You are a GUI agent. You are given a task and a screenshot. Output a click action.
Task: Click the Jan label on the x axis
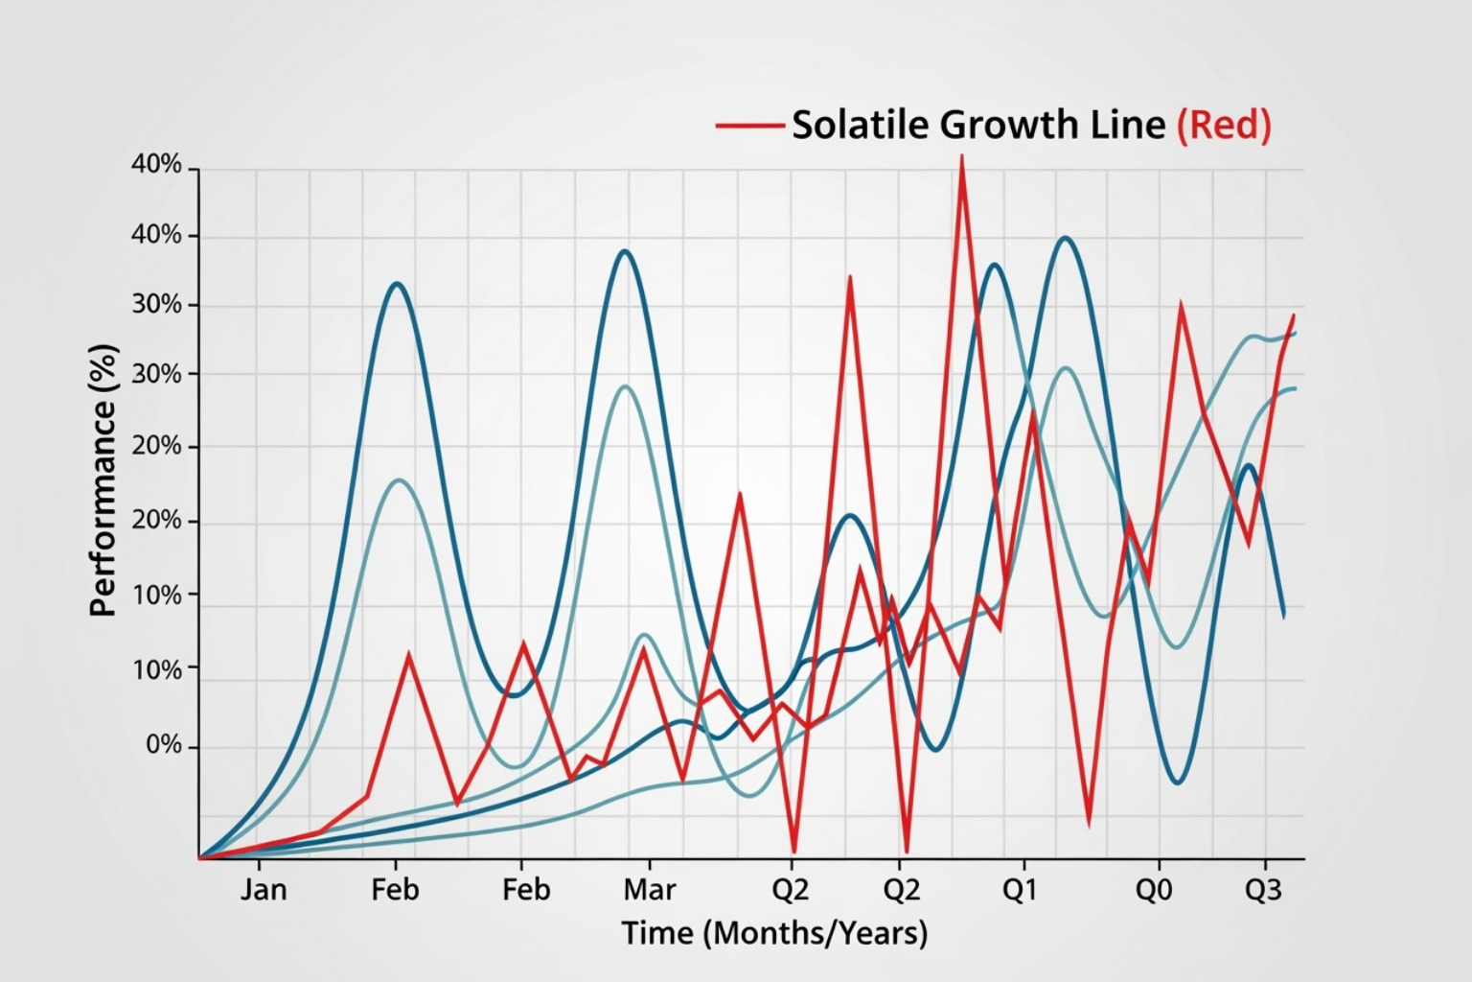point(264,890)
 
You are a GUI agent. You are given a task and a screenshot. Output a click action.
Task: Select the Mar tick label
point(649,890)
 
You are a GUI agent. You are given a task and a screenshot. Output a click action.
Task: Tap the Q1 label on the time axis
point(1020,890)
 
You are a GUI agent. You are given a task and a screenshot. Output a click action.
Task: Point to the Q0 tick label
point(1153,890)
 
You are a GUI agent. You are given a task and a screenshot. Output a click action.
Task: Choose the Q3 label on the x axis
point(1262,890)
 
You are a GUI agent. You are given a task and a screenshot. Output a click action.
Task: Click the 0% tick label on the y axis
point(163,745)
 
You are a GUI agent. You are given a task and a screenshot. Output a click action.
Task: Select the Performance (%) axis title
point(103,479)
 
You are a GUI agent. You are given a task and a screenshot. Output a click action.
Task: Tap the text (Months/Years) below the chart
point(816,933)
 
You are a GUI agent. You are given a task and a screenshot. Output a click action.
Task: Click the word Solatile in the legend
point(860,125)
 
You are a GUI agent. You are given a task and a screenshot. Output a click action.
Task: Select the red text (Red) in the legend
point(1224,125)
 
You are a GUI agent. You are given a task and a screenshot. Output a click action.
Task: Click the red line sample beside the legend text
point(748,125)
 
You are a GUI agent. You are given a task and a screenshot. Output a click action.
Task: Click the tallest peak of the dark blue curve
point(1065,238)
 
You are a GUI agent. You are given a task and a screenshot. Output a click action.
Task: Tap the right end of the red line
point(1294,315)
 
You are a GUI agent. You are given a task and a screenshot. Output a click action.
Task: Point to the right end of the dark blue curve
point(1284,617)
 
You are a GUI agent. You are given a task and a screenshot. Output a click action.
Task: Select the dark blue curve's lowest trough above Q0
point(1178,783)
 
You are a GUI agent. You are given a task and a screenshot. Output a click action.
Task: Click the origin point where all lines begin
point(200,858)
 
